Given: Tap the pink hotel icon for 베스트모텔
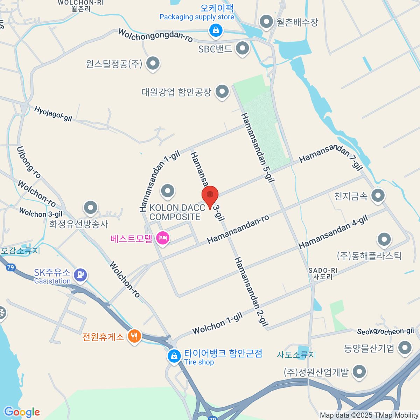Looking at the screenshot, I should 162,238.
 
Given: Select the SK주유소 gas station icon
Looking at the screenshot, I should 80,274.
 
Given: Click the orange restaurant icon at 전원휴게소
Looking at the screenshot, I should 134,336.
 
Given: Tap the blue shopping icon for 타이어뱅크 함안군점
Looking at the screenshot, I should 174,356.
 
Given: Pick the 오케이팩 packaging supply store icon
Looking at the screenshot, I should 216,30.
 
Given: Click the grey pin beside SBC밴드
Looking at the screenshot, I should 242,48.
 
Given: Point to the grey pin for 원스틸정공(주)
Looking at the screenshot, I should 153,64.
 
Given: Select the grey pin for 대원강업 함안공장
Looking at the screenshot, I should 222,92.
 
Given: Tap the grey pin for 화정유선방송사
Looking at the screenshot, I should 91,208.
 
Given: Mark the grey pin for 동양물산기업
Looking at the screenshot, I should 405,348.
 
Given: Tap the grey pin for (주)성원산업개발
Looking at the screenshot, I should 359,372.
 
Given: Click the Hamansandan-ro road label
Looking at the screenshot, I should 238,229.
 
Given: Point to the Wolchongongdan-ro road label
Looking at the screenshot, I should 155,35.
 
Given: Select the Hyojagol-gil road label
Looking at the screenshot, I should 53,114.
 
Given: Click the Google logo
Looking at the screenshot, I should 22,412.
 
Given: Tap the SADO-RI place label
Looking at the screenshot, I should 323,271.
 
